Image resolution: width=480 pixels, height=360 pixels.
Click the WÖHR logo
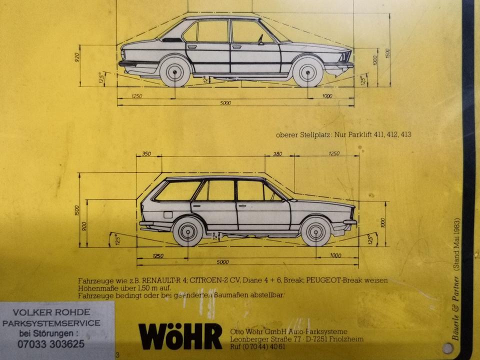pos(180,335)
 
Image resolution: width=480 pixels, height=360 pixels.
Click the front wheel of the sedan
pos(307,72)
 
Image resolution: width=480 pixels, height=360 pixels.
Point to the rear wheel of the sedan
pos(175,72)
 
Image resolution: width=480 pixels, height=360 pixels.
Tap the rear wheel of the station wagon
pos(188,231)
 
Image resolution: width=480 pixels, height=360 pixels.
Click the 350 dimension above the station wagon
pos(146,153)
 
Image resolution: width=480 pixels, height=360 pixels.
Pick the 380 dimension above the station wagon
pos(277,153)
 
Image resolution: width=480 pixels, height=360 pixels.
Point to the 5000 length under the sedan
pos(225,103)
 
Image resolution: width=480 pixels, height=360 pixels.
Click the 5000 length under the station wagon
pos(222,262)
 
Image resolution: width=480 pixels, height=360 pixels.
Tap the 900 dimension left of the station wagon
pos(84,225)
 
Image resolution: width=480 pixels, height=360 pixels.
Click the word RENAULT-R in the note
pos(163,281)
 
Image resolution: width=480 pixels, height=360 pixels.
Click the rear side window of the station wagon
pos(178,191)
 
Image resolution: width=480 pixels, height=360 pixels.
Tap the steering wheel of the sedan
pos(260,39)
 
